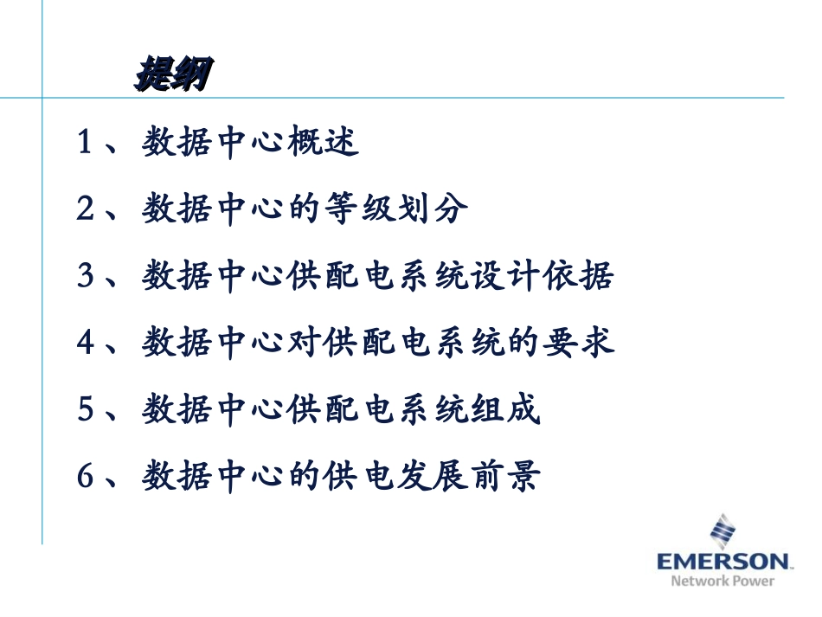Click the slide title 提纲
coord(172,76)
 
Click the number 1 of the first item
coord(85,142)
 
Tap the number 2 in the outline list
coord(85,209)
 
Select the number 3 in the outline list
coord(85,275)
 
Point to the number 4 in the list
coord(85,342)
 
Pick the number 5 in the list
coord(85,408)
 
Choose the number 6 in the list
coord(85,475)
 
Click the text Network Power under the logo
coord(722,581)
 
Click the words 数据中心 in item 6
coord(213,475)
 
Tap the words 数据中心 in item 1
coord(213,142)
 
